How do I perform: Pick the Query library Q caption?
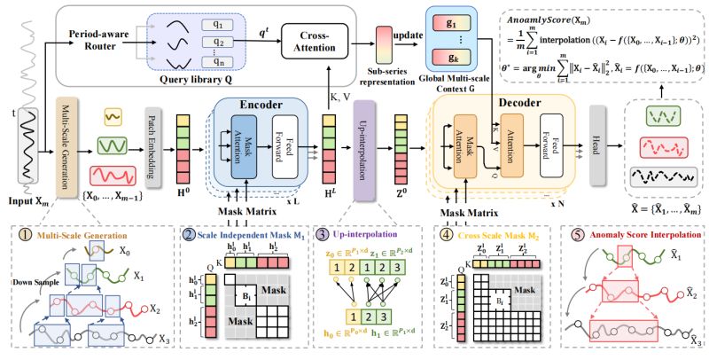click(210, 76)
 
